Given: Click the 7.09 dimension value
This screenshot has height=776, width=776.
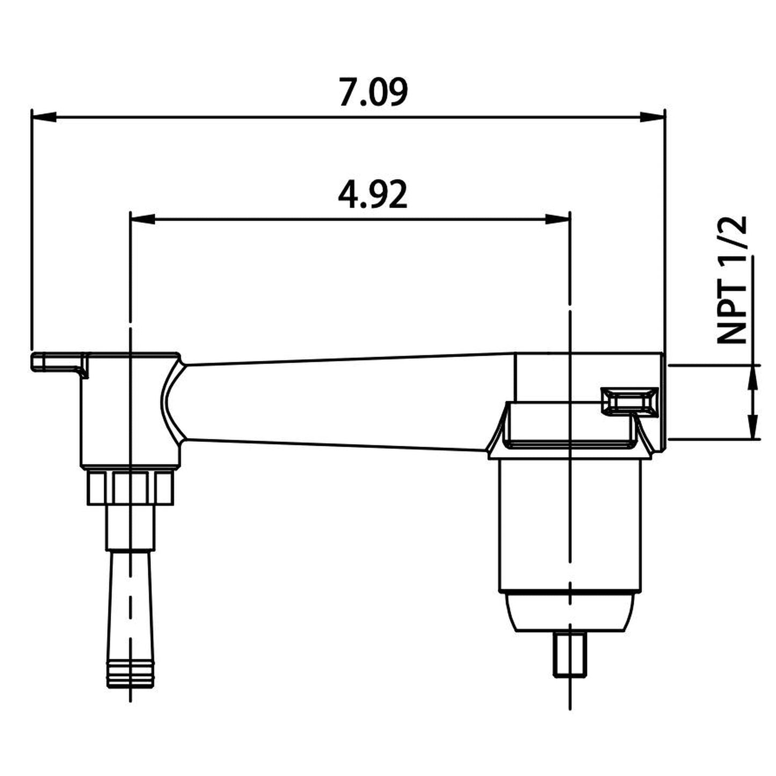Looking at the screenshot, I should tap(373, 92).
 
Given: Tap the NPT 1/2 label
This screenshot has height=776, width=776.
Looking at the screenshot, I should tap(733, 280).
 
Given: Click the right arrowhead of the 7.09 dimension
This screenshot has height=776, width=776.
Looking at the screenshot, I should tap(652, 116).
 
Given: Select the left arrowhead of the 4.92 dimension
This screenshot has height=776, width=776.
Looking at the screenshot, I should tap(143, 219).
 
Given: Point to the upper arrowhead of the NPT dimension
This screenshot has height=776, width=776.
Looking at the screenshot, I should tap(755, 375).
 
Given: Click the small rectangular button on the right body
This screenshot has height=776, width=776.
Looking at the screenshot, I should tap(629, 401).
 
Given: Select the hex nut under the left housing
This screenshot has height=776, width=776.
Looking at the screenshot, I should tap(130, 487).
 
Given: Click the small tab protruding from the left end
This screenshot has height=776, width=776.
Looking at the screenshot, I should tap(56, 361).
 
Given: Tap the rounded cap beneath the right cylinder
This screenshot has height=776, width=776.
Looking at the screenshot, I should tap(570, 612).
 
